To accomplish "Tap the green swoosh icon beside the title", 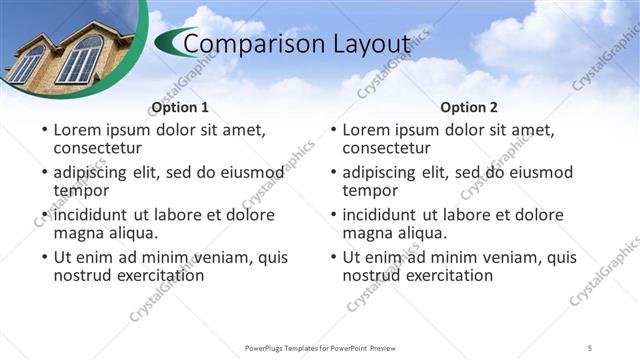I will (x=172, y=43).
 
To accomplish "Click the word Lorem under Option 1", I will (x=78, y=130).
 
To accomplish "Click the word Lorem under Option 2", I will (x=368, y=130).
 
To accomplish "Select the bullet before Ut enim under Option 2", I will (x=333, y=258).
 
